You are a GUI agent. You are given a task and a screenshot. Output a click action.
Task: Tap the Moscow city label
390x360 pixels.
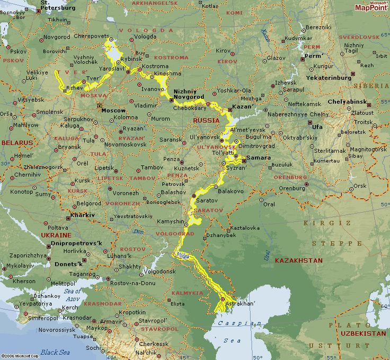coord(113,110)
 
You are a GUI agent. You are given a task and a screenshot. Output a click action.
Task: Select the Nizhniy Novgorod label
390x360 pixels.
coord(189,94)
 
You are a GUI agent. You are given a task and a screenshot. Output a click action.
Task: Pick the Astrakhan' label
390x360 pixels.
coord(241,304)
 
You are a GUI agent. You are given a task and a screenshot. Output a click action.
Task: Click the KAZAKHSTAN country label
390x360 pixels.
coord(299,260)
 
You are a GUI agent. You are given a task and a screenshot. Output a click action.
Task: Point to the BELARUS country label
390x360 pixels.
coord(16,143)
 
